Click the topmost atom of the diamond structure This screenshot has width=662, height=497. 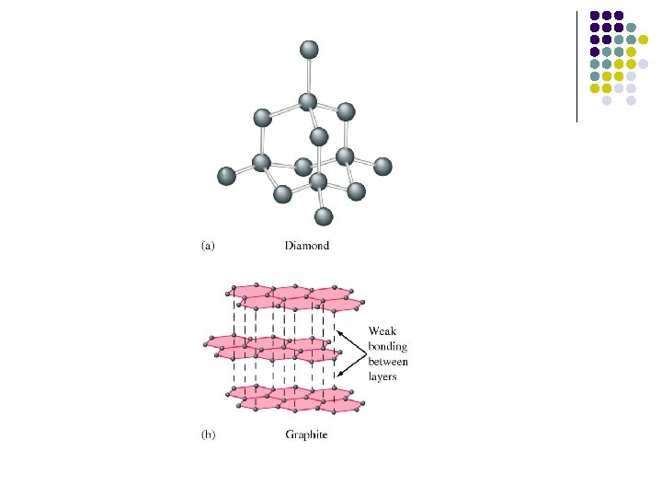coord(309,50)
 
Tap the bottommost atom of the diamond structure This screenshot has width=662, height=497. coord(323,216)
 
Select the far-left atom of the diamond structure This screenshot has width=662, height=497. coord(226,175)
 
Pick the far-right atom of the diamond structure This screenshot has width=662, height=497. coord(382,167)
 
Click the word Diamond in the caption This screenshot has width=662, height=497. coord(307,246)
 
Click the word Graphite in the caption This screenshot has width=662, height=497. coord(306,434)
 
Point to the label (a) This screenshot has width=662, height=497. coord(208,246)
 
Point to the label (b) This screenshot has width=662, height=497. coord(208,434)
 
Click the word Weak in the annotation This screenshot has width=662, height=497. coord(383,330)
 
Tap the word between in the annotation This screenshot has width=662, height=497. coord(389,362)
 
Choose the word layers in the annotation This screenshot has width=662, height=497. coord(383,377)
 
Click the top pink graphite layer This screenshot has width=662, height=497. coord(294,296)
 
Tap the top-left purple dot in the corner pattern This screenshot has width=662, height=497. coord(595,16)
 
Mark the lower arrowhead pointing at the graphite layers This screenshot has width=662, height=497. coord(337,375)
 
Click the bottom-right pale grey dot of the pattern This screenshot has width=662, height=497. coord(632,100)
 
